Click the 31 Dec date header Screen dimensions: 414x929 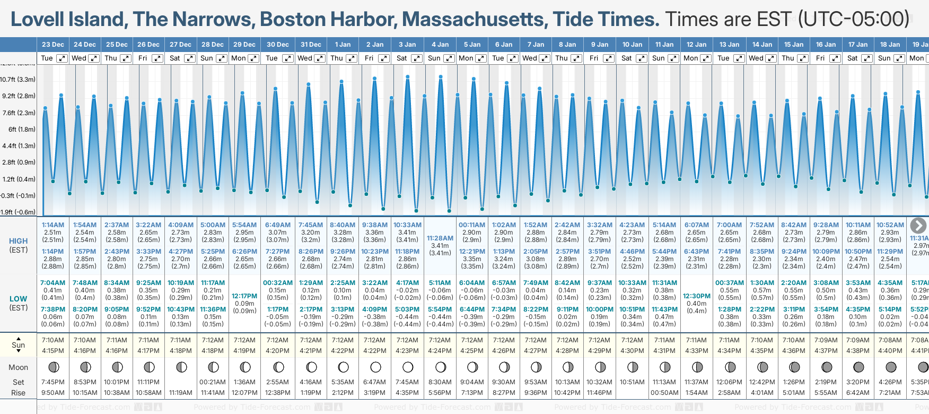(x=311, y=45)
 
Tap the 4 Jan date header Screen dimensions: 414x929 (x=440, y=45)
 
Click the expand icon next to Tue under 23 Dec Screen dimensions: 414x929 (x=62, y=58)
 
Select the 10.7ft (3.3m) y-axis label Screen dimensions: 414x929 (x=18, y=80)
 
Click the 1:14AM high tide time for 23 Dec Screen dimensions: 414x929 (x=53, y=225)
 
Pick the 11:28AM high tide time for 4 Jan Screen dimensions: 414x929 (x=440, y=238)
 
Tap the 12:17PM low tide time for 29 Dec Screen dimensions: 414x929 (x=244, y=296)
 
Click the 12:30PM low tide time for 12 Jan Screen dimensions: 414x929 (x=696, y=296)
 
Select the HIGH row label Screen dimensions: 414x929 (x=19, y=241)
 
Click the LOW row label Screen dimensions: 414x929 (x=19, y=299)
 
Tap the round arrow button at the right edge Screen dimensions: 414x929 (x=918, y=226)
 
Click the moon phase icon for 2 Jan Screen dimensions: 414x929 (x=375, y=367)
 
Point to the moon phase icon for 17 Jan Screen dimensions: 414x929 (x=858, y=367)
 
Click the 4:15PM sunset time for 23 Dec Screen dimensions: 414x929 (x=53, y=350)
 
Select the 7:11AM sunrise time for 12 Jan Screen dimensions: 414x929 (x=696, y=340)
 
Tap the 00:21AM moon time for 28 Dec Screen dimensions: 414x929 (x=213, y=382)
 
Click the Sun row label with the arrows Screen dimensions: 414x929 (x=19, y=345)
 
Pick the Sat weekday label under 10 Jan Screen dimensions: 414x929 (x=627, y=58)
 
